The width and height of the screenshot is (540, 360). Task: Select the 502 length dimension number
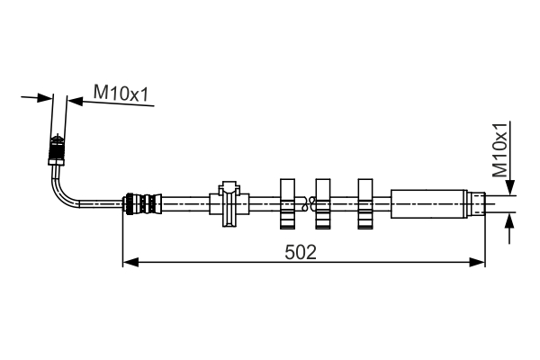(301, 252)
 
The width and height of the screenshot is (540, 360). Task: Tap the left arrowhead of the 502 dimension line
(129, 262)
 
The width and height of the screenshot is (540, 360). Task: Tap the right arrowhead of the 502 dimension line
(479, 262)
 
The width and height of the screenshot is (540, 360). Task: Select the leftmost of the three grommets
(288, 202)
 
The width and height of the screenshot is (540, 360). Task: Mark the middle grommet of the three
(322, 202)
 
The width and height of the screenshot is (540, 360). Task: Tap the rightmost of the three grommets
(365, 202)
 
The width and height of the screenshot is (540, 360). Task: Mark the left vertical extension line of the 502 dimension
(121, 238)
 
